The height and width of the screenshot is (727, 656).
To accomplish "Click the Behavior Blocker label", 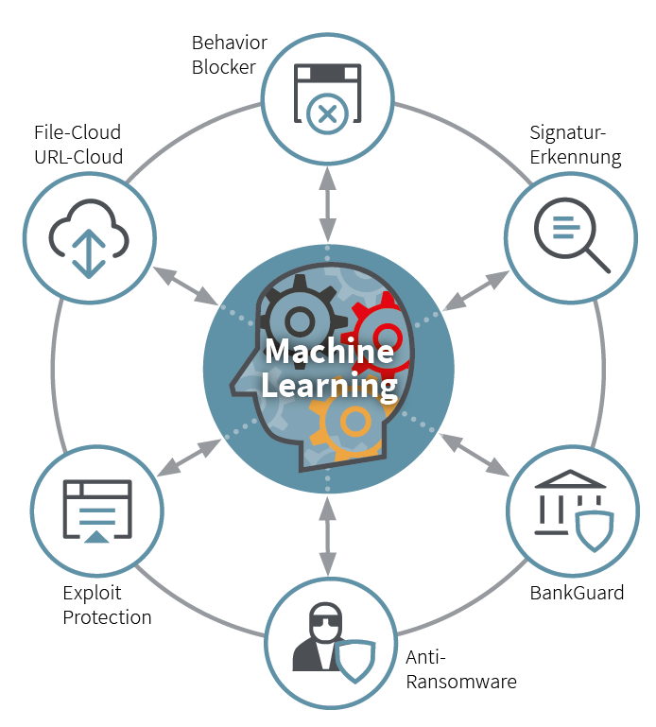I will coord(229,55).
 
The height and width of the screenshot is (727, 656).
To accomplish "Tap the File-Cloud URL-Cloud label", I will coord(78,145).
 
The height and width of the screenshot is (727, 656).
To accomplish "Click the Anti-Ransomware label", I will coord(461,668).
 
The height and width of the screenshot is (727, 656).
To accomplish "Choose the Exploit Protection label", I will coord(107,606).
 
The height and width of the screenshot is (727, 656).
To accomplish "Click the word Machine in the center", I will coord(329,352).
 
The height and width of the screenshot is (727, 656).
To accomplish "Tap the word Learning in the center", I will coord(329,386).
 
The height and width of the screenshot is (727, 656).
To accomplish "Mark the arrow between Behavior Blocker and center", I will coord(327,203).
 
